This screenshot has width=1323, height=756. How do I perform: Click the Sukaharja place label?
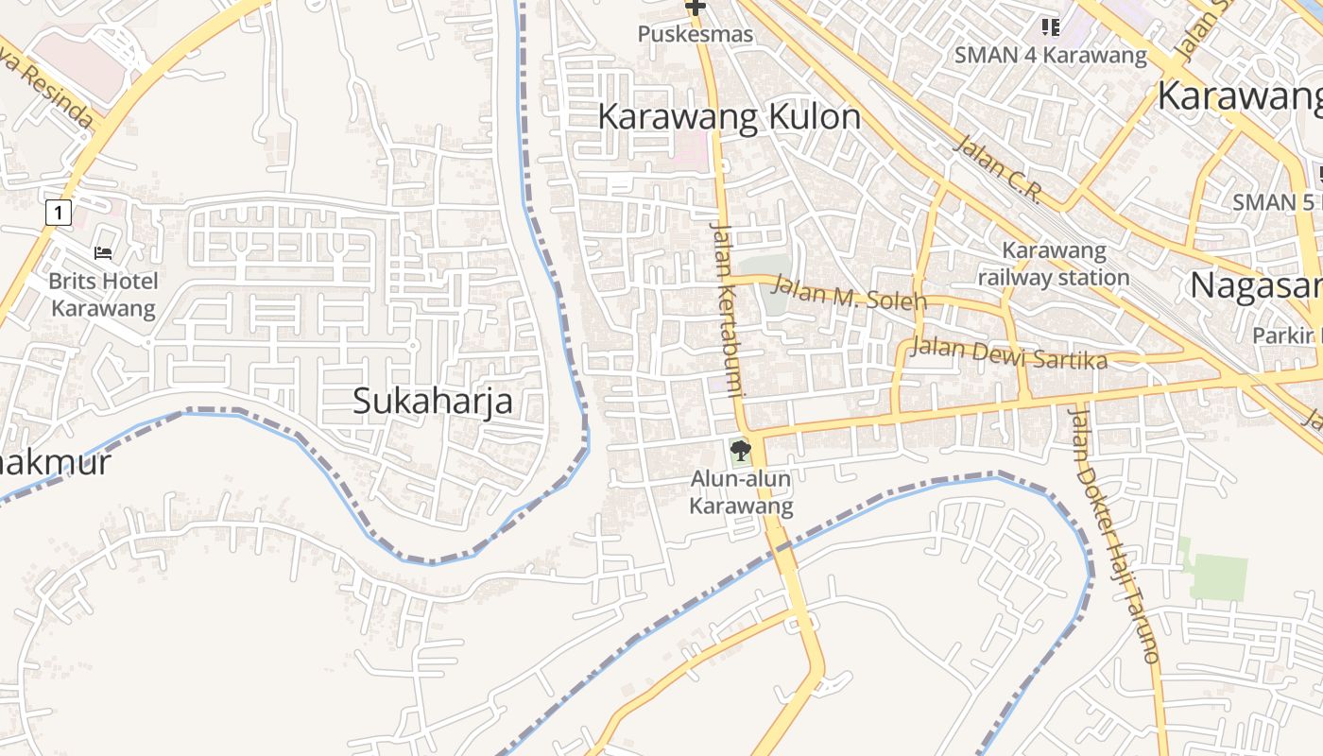(x=433, y=401)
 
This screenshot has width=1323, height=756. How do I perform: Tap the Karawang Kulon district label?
(x=730, y=117)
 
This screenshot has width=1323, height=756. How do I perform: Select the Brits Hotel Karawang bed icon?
(x=103, y=252)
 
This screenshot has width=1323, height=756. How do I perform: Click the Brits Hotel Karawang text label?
(x=103, y=294)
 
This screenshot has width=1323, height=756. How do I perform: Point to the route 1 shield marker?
(x=59, y=213)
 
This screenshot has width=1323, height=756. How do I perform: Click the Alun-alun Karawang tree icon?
(x=741, y=450)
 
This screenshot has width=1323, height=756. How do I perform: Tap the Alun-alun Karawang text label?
(x=741, y=492)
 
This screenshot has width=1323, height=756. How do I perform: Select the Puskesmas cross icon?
(x=696, y=8)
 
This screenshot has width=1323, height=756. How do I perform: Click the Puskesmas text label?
(x=696, y=35)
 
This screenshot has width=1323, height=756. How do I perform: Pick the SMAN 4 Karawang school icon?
(x=1050, y=26)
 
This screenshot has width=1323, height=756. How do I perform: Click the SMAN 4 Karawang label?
(x=1050, y=55)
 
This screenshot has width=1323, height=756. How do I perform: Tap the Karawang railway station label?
(x=1054, y=264)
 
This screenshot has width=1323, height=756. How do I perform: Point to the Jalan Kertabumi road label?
(x=728, y=307)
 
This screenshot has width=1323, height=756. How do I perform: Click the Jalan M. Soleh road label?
(x=849, y=292)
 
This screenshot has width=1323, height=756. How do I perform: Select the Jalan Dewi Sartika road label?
(x=1007, y=353)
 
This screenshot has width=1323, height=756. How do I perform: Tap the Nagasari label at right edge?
(x=1255, y=284)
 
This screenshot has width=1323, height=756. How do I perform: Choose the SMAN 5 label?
(x=1272, y=201)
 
